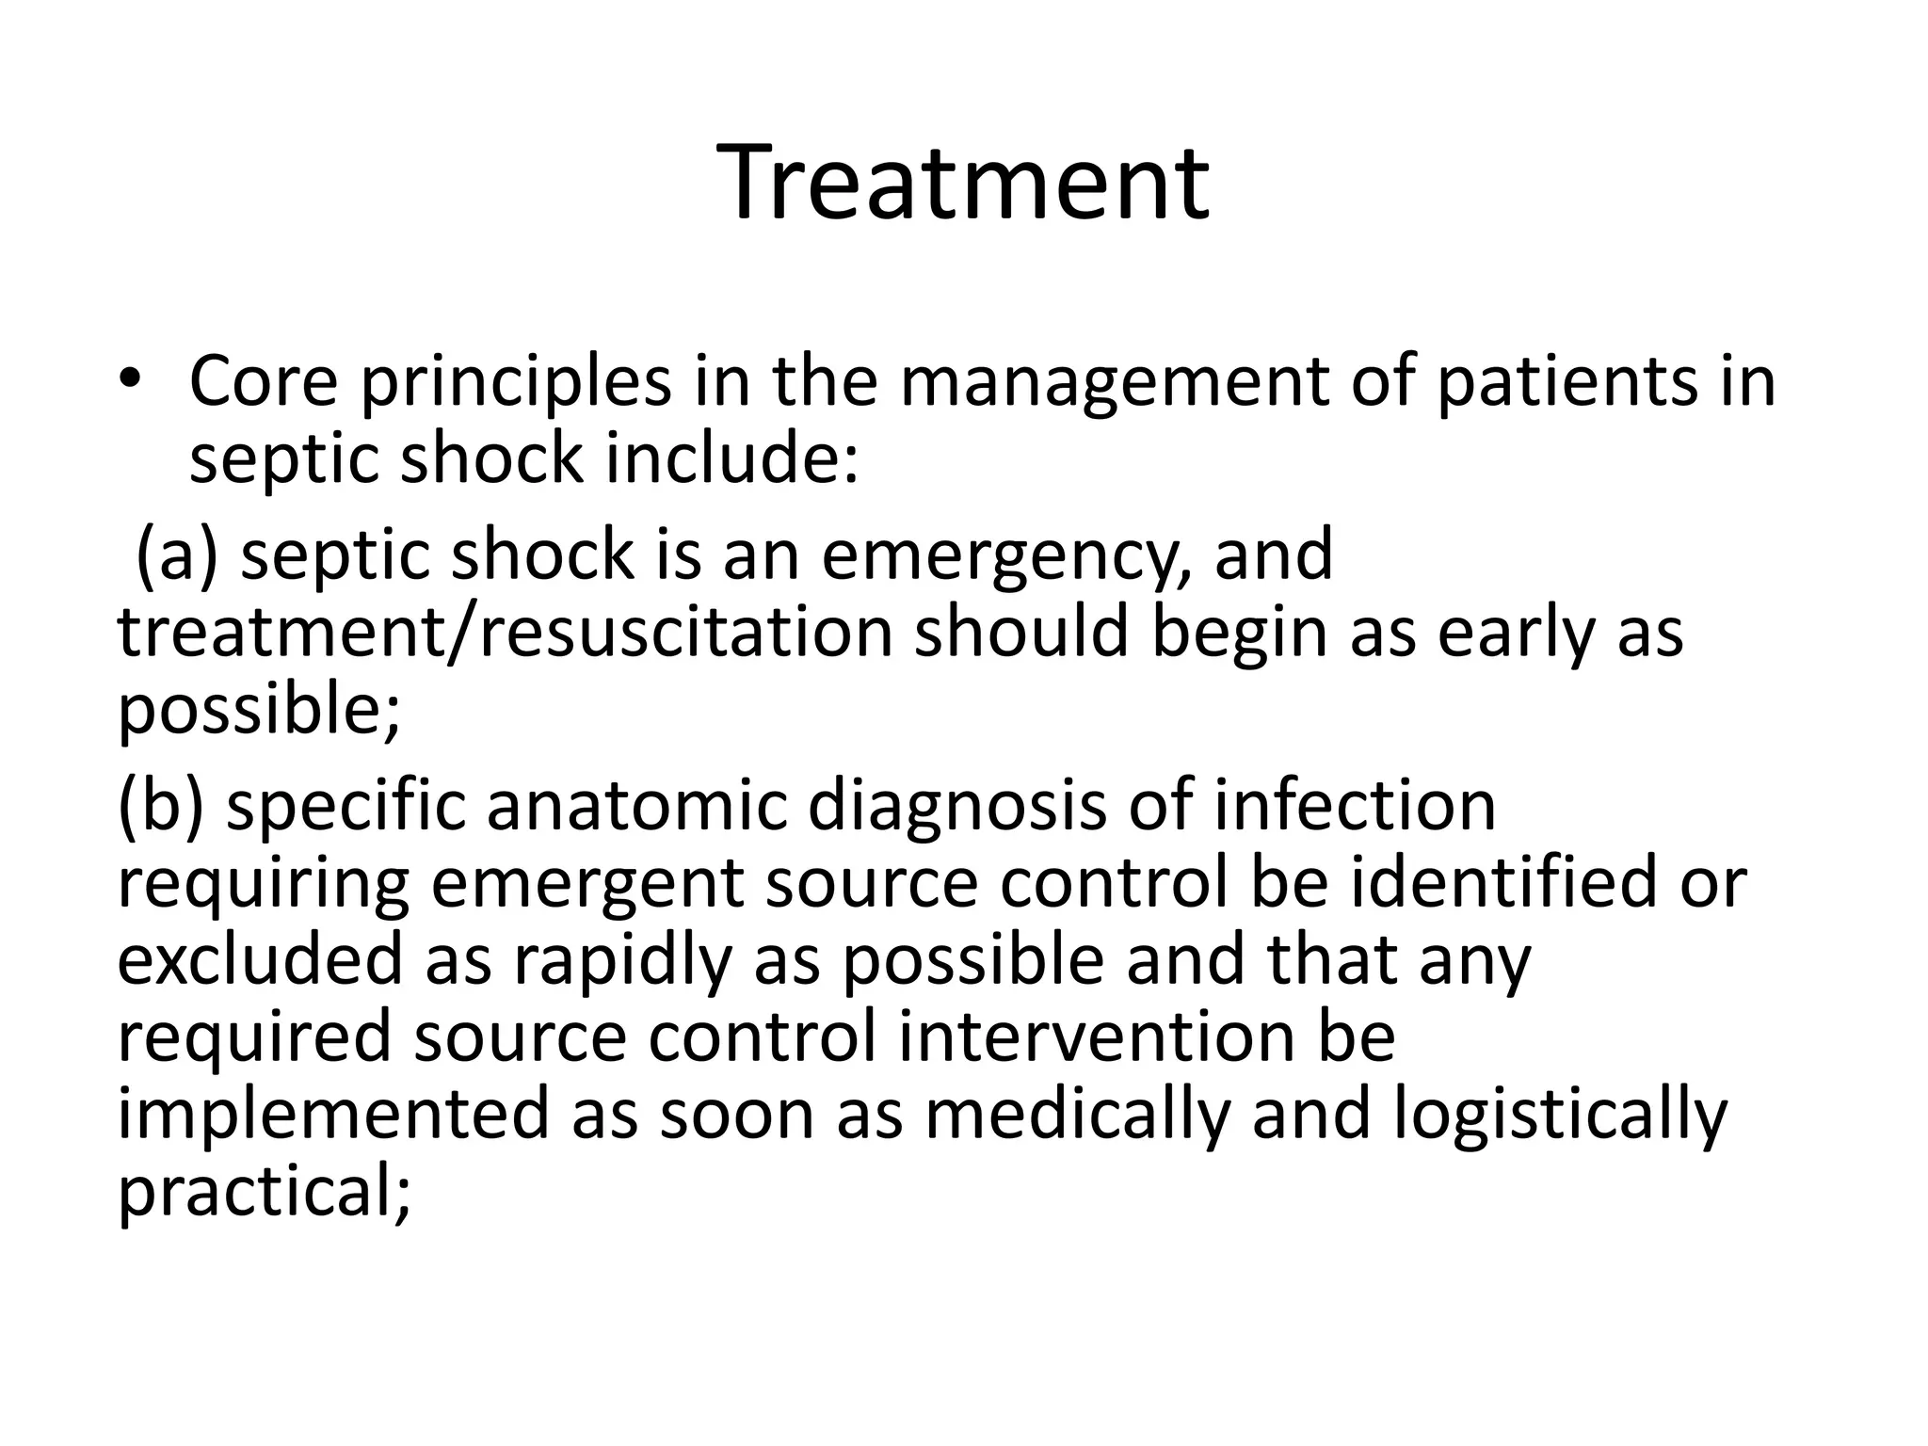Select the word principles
pos(516,384)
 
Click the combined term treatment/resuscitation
pos(505,633)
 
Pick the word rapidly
pos(621,961)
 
